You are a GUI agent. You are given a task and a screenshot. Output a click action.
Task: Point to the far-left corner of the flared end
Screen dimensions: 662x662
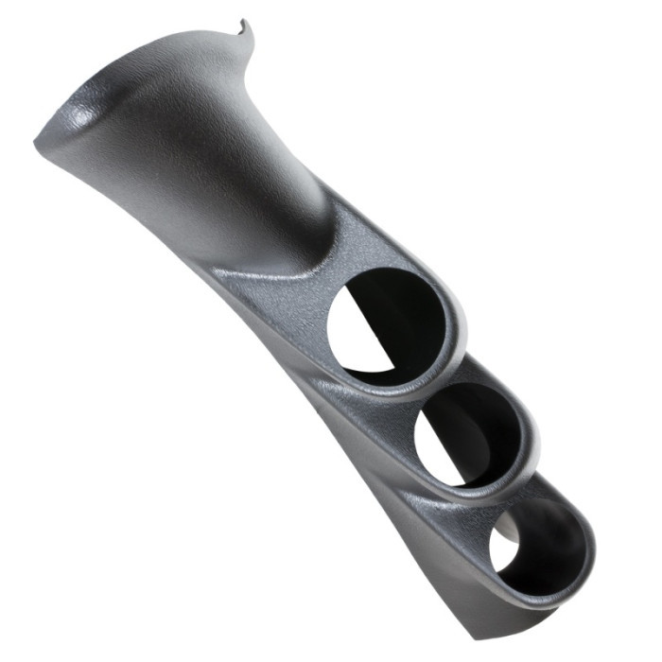click(x=38, y=142)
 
